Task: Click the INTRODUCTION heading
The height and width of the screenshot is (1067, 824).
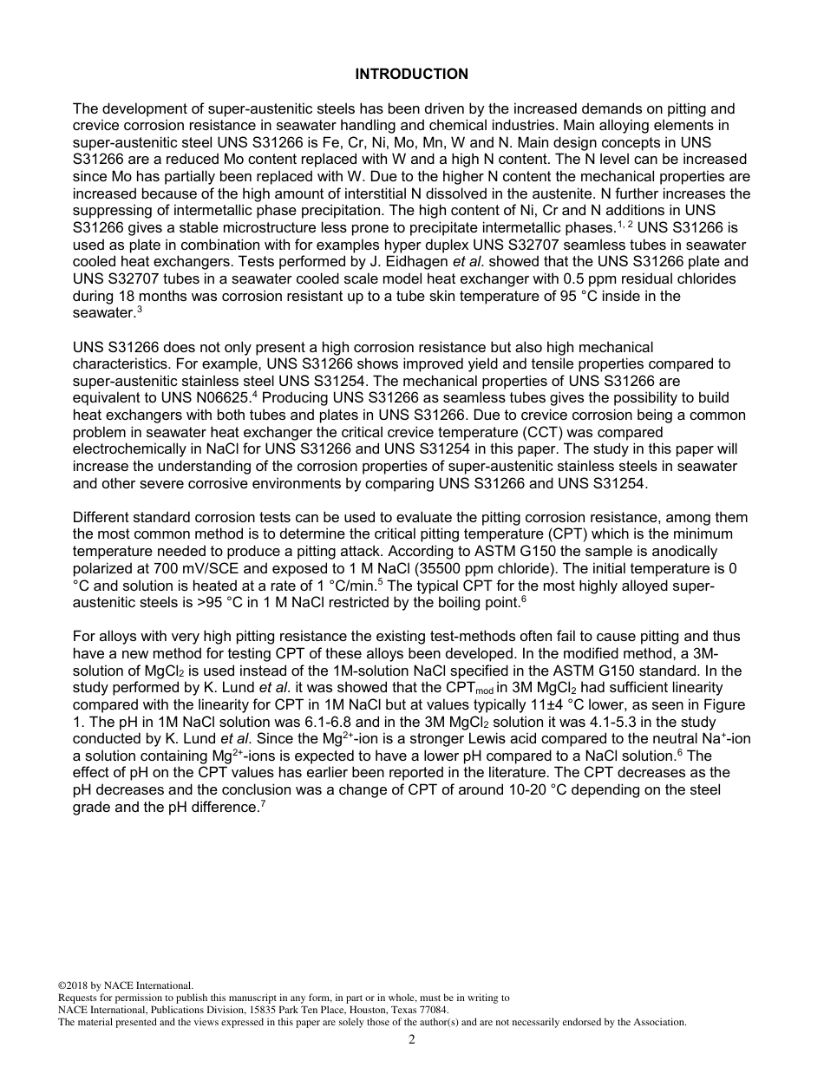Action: click(411, 74)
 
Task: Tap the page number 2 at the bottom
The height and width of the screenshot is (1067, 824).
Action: click(412, 1040)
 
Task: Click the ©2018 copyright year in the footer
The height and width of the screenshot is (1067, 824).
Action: click(74, 985)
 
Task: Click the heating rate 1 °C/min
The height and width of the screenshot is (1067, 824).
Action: click(342, 586)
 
